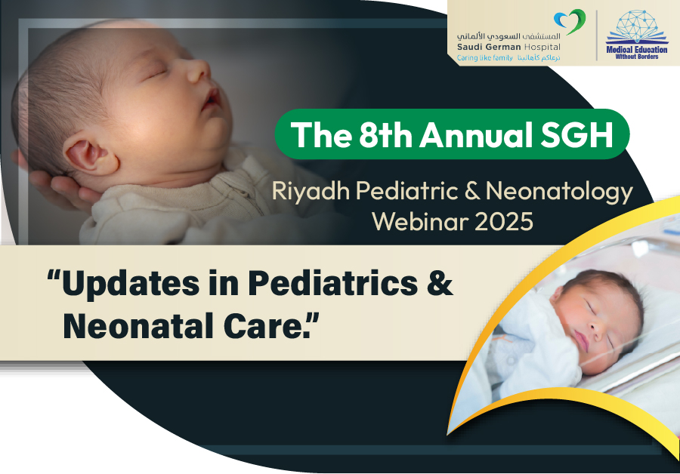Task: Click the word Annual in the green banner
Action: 475,135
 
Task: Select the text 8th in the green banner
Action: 385,135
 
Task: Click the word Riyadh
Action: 311,192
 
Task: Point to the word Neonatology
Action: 559,192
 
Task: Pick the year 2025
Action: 504,222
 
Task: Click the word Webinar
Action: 420,222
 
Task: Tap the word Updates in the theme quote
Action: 131,285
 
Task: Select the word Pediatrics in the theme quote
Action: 332,284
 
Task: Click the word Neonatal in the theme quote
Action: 139,326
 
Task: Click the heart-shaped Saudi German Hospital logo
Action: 570,21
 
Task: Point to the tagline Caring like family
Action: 485,57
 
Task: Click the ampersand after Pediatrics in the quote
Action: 440,283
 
